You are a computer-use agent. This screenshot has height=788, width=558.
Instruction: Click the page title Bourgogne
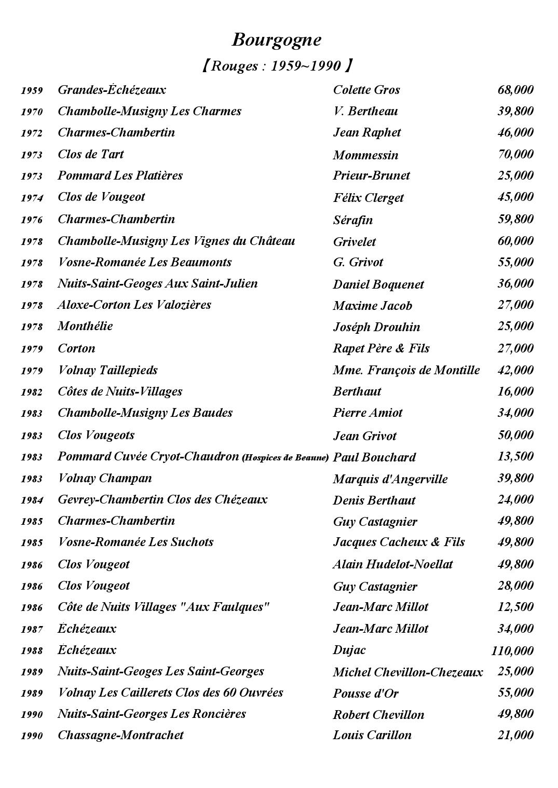276,40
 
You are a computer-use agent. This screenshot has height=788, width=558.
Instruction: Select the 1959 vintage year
32,91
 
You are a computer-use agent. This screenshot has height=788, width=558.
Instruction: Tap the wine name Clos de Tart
90,154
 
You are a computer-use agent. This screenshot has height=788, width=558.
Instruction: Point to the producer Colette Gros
366,90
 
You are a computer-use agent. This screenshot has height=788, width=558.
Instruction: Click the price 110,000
512,650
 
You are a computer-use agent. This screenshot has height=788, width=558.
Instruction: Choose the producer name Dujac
349,650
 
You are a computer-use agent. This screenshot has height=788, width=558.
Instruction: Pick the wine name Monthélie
85,326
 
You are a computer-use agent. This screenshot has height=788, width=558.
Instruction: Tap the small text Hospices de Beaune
286,458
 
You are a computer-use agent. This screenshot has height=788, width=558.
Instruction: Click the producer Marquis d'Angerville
390,479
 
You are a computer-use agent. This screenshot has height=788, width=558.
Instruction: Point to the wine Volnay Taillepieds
107,370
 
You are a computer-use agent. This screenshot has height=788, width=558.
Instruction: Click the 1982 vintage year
32,392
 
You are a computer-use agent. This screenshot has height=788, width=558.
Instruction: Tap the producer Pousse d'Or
365,693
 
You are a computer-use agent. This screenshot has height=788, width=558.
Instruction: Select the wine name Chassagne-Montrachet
120,735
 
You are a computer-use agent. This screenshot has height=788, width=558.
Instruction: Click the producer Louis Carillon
372,735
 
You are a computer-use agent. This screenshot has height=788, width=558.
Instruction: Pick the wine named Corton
76,348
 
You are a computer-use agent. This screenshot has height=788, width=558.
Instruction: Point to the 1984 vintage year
32,500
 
